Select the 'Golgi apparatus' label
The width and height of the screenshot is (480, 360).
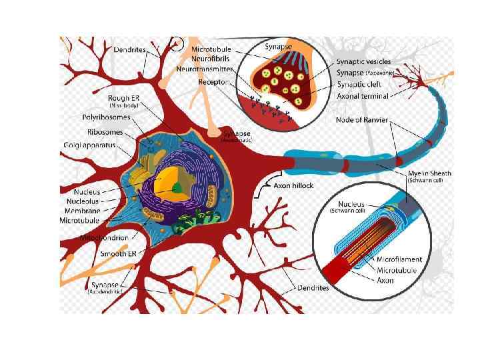pos(87,145)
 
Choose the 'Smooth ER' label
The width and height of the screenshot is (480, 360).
pos(118,254)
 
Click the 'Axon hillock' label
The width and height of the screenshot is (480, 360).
pos(294,186)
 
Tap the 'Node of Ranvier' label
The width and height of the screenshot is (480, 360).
pos(363,120)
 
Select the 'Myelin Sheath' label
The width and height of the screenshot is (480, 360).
pos(429,173)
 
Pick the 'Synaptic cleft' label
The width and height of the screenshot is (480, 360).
pos(359,84)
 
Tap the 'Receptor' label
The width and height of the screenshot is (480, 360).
pos(213,81)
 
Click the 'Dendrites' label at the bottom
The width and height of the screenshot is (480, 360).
pos(313,288)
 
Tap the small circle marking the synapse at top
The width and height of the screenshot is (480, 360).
pos(175,44)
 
